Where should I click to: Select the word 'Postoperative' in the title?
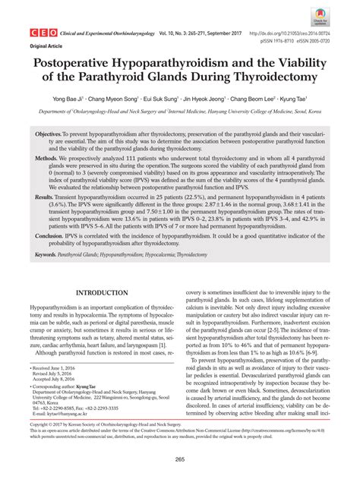click(86, 65)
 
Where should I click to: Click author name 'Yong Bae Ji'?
click(92, 99)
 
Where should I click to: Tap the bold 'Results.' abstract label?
click(48, 197)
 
